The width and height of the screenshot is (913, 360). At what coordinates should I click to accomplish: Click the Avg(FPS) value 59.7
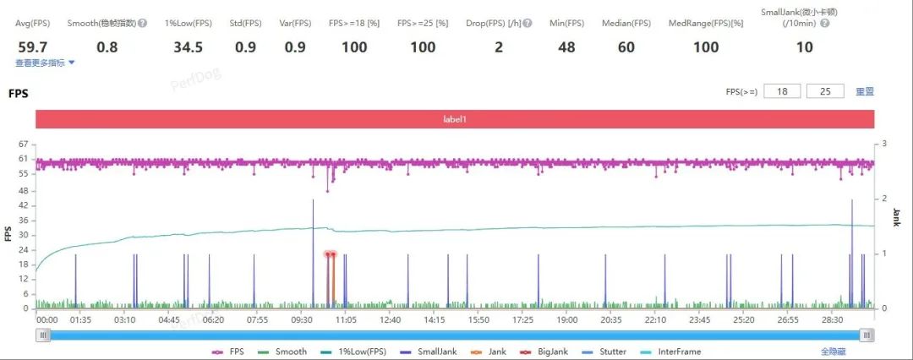point(33,47)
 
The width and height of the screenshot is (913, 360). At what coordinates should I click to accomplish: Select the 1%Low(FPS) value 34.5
point(188,47)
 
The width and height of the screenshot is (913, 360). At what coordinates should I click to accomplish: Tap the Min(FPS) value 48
point(566,47)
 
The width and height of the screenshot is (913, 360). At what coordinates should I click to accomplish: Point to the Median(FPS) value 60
point(626,47)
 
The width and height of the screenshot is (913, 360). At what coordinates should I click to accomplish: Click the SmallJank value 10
point(804,47)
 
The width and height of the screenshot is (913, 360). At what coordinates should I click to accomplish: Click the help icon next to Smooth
point(143,24)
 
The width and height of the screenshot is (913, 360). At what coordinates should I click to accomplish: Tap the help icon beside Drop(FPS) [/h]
point(528,24)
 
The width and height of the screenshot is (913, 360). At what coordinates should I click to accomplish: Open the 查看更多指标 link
point(46,63)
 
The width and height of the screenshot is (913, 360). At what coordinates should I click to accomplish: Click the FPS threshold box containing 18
point(782,91)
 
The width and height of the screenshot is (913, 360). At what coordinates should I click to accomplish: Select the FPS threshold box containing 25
point(825,91)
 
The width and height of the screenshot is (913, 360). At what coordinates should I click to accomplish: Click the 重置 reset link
point(865,91)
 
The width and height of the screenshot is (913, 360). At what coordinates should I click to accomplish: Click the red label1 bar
point(455,119)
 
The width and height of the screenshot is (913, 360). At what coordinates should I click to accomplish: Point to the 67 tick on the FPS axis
point(24,145)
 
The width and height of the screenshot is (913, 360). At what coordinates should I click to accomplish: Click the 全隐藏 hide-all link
point(834,352)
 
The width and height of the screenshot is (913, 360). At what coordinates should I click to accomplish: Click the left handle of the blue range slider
point(42,335)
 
